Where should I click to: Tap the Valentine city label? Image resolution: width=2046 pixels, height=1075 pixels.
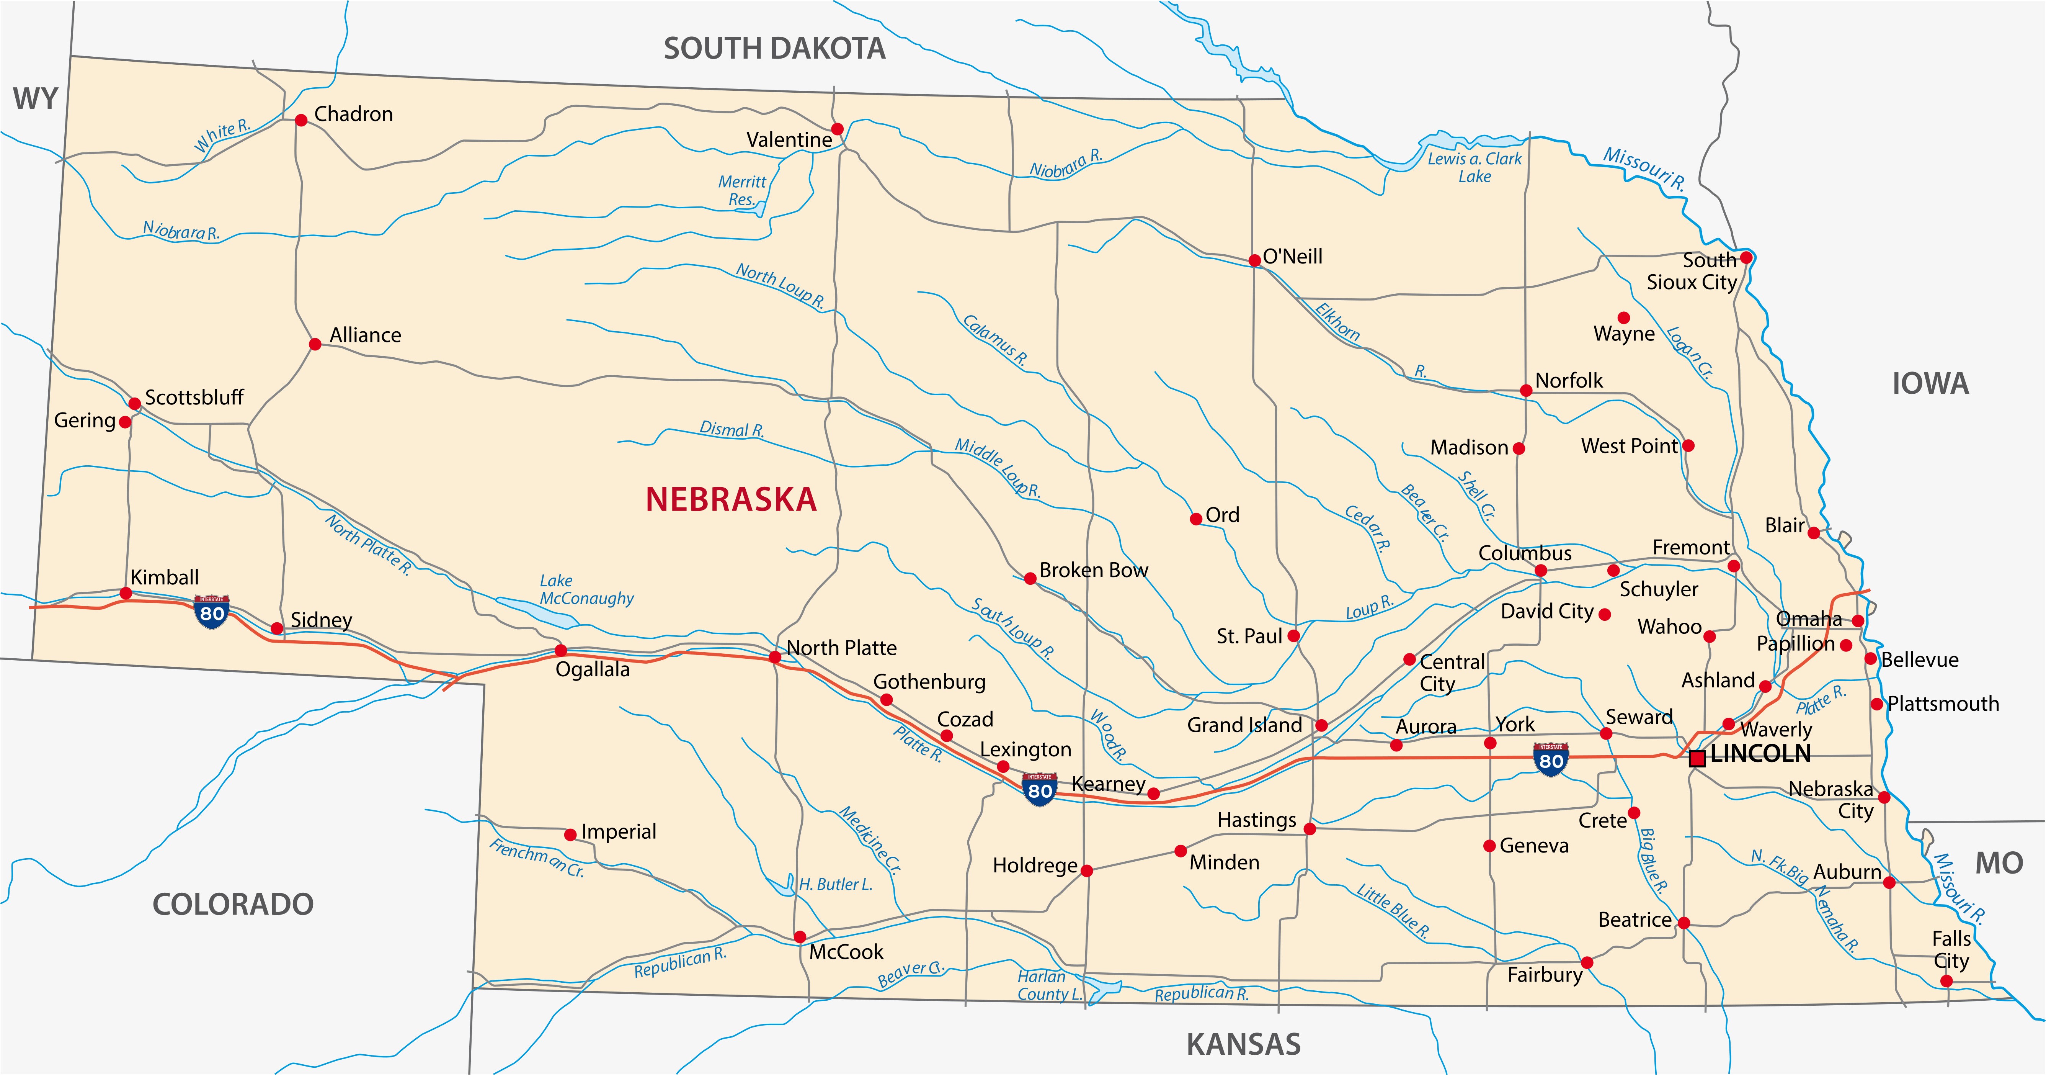(x=789, y=140)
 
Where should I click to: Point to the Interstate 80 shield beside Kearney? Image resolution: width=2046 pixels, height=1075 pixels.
(x=1040, y=790)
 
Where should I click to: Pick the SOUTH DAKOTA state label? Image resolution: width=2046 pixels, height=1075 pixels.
(x=774, y=49)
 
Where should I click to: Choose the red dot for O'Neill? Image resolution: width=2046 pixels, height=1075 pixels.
(x=1254, y=260)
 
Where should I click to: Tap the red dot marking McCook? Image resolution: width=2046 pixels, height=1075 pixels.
(x=800, y=937)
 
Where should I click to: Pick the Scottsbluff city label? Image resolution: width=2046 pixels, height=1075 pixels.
(x=194, y=397)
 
